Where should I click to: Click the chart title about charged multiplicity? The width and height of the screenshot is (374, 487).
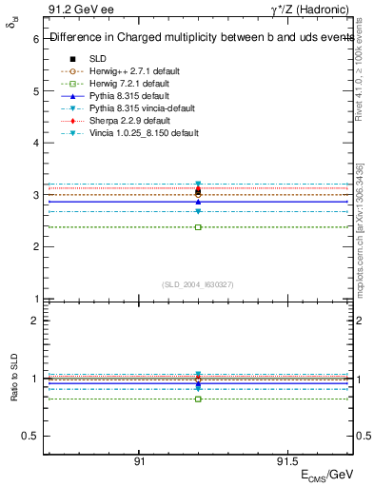(x=200, y=38)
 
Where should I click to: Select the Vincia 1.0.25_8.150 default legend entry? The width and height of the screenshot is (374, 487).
(x=144, y=132)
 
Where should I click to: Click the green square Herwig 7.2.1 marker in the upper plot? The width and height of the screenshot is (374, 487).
(x=198, y=227)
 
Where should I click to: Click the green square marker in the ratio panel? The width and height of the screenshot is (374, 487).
(x=198, y=399)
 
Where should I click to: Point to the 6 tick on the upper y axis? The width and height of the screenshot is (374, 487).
(x=34, y=39)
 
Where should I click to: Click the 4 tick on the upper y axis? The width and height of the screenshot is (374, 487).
(x=34, y=143)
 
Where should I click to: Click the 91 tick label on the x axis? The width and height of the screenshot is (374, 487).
(x=139, y=461)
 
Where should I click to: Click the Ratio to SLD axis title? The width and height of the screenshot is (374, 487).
(x=13, y=380)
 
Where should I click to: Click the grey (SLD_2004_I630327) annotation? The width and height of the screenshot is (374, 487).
(x=197, y=283)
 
